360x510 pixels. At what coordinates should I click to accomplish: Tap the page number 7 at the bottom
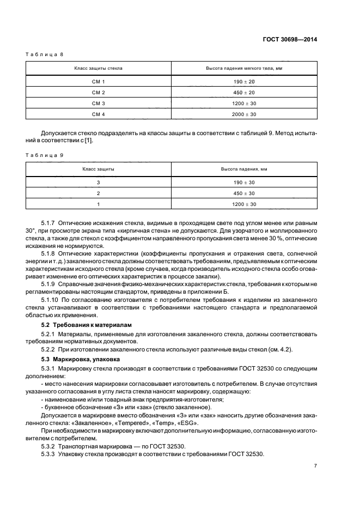[x=315, y=465]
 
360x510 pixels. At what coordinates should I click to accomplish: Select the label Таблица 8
[x=46, y=55]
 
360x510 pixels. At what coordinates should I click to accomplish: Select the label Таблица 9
[x=46, y=155]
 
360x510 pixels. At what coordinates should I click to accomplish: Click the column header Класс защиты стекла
[x=99, y=68]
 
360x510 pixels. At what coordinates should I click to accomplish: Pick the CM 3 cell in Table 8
[x=99, y=103]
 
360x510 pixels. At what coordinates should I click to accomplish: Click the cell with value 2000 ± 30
[x=244, y=114]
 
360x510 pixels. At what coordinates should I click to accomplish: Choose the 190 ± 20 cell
[x=244, y=81]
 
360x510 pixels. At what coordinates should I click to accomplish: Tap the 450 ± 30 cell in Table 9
[x=244, y=193]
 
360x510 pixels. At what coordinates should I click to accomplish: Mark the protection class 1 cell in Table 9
[x=99, y=204]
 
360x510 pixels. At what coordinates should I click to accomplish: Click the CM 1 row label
[x=99, y=81]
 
